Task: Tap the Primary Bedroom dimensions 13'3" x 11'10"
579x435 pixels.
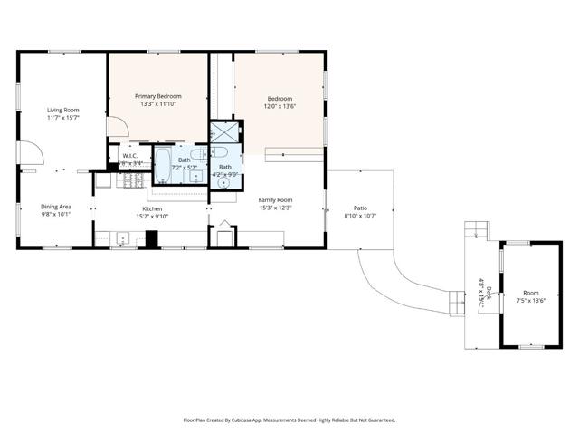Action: [x=158, y=104]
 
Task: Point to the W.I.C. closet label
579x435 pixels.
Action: [x=129, y=156]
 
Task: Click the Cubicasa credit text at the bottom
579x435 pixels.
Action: [x=289, y=420]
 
